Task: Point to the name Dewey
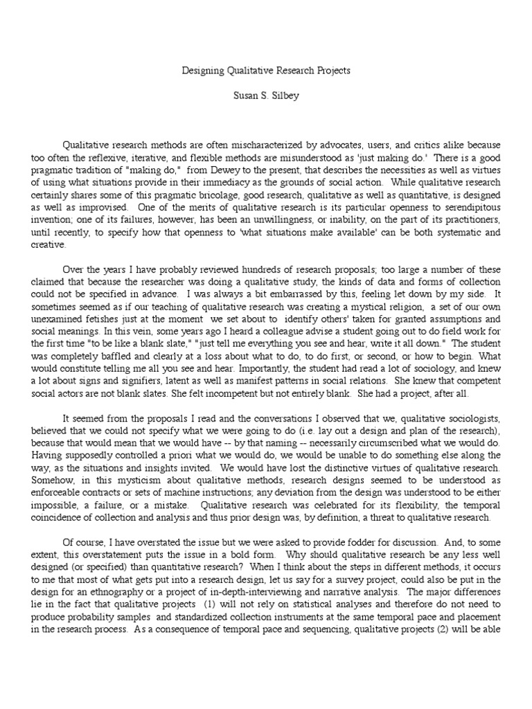pos(224,170)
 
